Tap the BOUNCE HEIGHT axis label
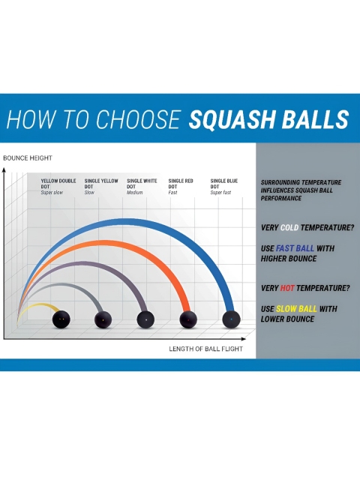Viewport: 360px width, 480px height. point(28,158)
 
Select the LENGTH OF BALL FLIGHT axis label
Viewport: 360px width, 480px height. point(205,349)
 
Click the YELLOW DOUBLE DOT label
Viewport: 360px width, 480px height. point(58,184)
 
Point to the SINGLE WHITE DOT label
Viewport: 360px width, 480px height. point(142,184)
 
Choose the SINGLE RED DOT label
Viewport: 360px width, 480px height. point(181,184)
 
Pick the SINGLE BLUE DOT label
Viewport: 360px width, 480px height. point(223,184)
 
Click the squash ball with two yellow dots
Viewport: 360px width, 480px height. point(61,319)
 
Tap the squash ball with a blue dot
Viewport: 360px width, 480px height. point(231,319)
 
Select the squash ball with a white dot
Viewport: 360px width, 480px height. point(145,319)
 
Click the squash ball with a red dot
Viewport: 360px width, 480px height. point(188,319)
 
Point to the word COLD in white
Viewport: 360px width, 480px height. point(289,228)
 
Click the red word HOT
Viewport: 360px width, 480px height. point(287,288)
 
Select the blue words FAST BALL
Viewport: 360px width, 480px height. point(295,248)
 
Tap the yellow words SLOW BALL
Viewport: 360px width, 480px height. point(296,308)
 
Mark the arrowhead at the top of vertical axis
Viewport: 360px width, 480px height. point(4,169)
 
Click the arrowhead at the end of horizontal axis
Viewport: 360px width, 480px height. point(243,339)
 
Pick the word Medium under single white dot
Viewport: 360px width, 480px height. point(135,193)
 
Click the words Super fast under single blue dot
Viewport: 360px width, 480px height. point(220,193)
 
